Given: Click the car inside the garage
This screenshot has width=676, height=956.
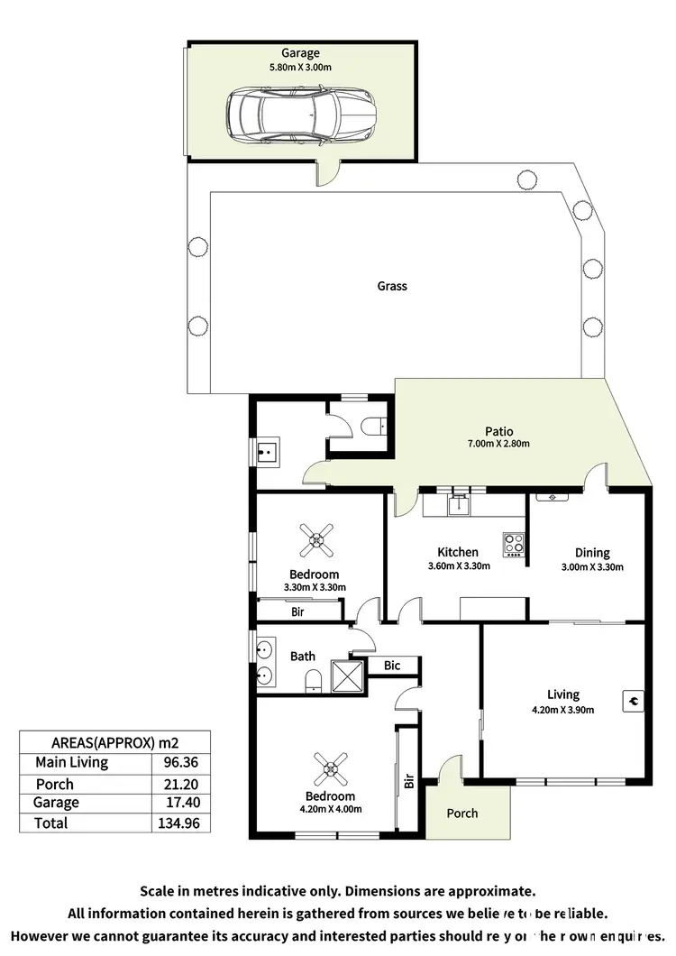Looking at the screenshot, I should (x=301, y=115).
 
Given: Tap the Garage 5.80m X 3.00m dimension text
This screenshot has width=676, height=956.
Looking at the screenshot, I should (x=300, y=67).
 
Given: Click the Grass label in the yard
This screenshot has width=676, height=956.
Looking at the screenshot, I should (x=392, y=286).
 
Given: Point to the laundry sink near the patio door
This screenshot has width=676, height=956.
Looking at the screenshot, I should (x=267, y=452).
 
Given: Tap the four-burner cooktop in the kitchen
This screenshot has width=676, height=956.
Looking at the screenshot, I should (x=514, y=544).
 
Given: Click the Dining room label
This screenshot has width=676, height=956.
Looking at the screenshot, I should (x=592, y=553).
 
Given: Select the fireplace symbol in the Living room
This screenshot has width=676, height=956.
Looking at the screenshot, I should (x=633, y=699).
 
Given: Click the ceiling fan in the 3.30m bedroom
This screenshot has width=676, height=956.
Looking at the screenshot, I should (x=315, y=541).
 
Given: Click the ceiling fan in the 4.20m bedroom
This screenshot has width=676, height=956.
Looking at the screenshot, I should (x=330, y=769).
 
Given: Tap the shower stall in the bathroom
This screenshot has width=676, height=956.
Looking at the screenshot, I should (x=347, y=676).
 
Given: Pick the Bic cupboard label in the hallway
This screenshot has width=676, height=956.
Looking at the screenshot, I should (x=392, y=666).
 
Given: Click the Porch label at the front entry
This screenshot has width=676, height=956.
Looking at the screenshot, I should (x=462, y=814).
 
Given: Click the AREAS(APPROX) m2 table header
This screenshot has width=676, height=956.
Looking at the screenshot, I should (x=114, y=741).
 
